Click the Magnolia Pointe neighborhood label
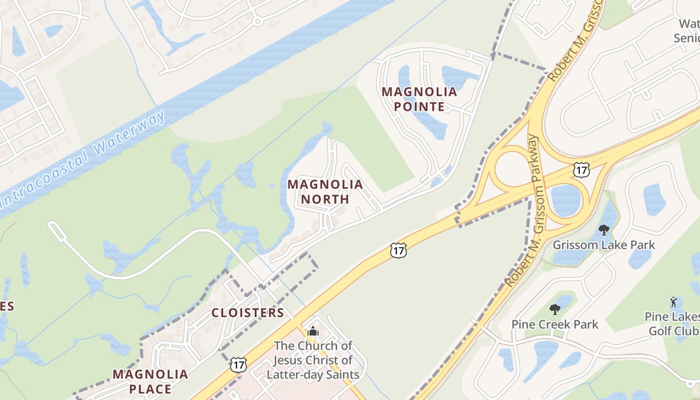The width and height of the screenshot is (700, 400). (x=419, y=99)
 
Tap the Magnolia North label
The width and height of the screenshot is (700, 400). (x=325, y=191)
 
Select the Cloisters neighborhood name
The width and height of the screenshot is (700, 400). (x=247, y=313)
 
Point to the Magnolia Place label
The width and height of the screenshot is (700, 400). (x=150, y=381)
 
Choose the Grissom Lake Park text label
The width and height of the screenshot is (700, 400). (x=603, y=245)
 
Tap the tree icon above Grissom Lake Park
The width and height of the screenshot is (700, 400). (x=603, y=230)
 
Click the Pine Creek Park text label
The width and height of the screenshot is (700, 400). (x=554, y=324)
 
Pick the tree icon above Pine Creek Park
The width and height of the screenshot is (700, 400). (x=554, y=309)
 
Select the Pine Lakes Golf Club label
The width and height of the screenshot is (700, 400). (x=672, y=323)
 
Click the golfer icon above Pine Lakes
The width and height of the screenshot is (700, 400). (x=673, y=302)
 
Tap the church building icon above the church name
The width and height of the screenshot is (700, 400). (x=313, y=331)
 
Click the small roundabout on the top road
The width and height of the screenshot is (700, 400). (x=257, y=21)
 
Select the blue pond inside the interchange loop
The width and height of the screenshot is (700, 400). (x=565, y=199)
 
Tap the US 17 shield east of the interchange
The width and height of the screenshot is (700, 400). (x=581, y=169)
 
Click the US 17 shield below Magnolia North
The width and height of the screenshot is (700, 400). (x=398, y=250)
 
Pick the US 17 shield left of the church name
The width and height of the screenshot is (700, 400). (x=238, y=364)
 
